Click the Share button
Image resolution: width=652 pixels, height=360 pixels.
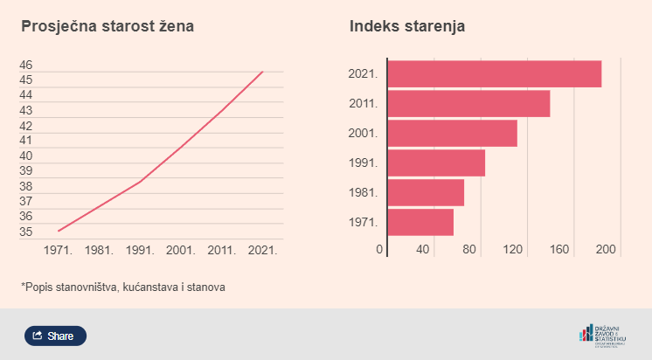click(55, 336)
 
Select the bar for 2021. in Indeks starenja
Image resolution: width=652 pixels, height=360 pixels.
click(494, 74)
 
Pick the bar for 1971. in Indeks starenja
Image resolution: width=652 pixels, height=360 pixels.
click(420, 222)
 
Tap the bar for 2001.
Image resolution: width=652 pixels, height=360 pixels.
click(452, 133)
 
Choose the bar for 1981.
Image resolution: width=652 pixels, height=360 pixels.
click(426, 192)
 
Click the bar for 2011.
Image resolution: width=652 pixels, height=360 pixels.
click(468, 104)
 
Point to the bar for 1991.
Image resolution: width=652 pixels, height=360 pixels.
click(436, 163)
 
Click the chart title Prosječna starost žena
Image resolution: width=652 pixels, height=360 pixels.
click(108, 26)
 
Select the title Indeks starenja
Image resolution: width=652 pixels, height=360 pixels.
click(407, 26)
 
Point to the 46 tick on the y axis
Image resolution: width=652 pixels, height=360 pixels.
click(26, 65)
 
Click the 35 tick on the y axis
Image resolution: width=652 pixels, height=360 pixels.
click(26, 232)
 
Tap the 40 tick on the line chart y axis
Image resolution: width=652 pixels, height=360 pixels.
click(26, 156)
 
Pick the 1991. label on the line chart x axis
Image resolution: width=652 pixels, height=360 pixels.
click(140, 250)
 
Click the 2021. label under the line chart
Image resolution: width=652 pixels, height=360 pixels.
click(263, 250)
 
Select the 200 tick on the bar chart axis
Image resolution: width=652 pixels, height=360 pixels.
click(606, 250)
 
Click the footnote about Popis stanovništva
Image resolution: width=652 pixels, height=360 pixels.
click(123, 287)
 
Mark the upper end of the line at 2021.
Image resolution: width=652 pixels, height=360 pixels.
click(262, 72)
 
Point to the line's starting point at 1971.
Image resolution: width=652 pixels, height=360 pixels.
click(59, 231)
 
